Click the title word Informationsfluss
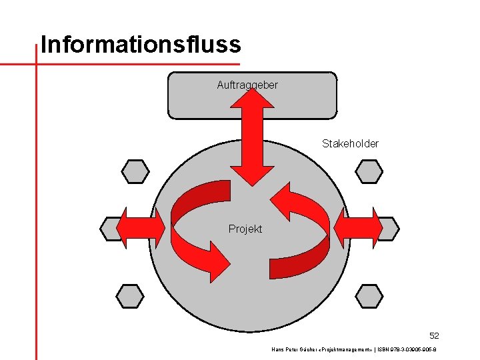tap(140, 45)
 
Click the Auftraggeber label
tap(247, 85)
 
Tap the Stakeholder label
tap(350, 143)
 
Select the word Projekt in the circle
tap(245, 229)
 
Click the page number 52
tap(434, 335)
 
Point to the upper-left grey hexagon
tap(135, 171)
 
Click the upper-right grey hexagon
tap(369, 171)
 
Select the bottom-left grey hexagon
tap(130, 295)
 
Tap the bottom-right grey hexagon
tap(369, 295)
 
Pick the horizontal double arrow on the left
tap(140, 229)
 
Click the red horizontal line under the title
tap(100, 64)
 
